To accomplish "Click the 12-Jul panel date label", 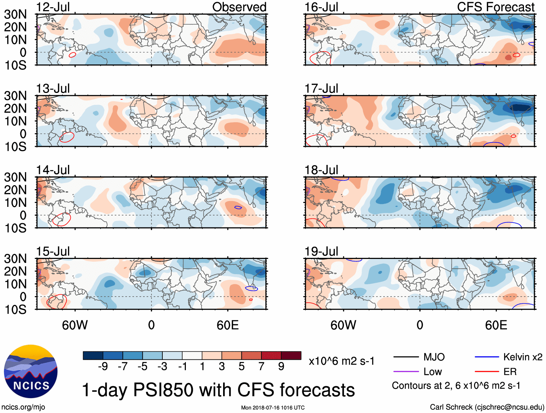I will point(53,7).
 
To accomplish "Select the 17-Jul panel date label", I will point(321,89).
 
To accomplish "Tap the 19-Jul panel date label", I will point(321,251).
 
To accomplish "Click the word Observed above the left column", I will point(239,7).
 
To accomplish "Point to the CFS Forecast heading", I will point(495,7).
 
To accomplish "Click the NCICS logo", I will point(31,371).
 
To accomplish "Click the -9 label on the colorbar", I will point(103,367).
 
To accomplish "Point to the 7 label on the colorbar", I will point(261,367).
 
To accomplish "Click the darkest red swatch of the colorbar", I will point(291,355).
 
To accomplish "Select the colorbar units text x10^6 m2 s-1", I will point(341,361).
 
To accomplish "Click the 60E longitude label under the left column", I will point(227,325).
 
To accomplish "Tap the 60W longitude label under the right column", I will point(343,325).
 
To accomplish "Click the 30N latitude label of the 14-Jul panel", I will point(15,177).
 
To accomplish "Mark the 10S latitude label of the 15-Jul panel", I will point(15,310).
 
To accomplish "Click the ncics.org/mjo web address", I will point(23,407).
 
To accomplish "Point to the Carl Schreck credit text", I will point(487,407).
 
